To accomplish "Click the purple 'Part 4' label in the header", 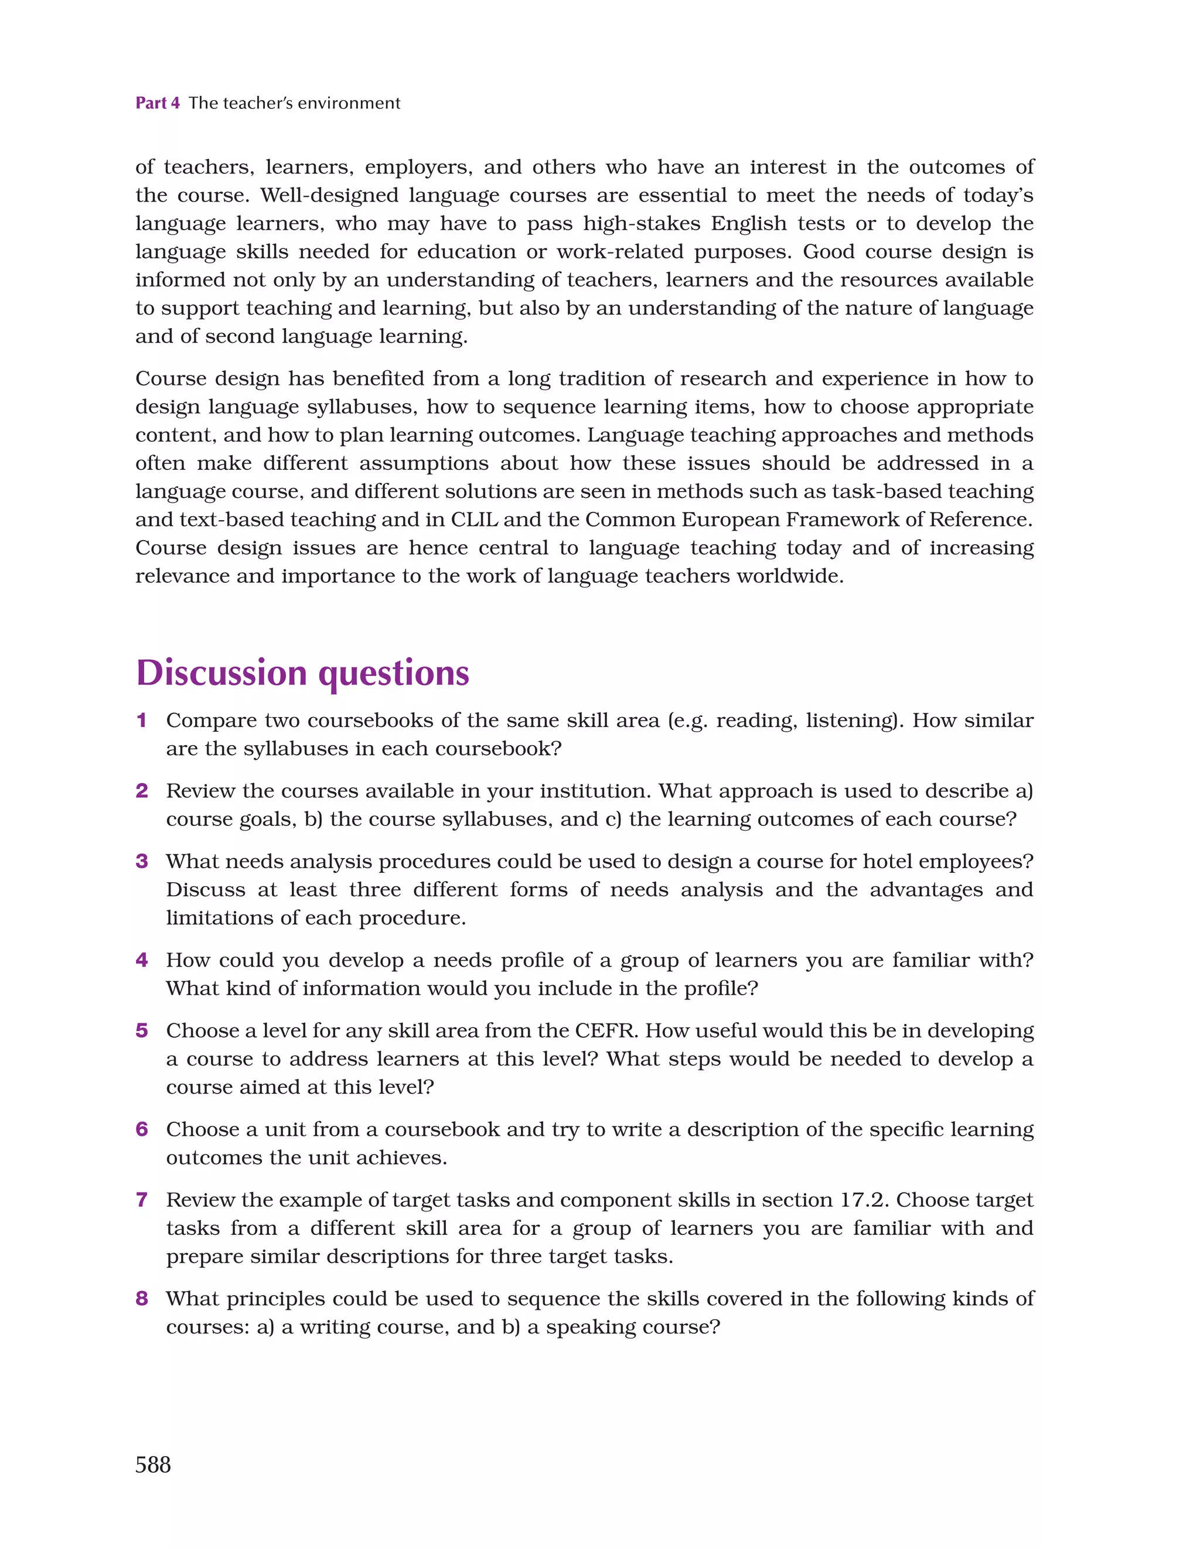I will pos(157,103).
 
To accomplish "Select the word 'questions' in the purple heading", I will pos(394,674).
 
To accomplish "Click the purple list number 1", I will pos(141,721).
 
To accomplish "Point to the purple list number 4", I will pos(141,960).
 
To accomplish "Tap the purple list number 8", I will pos(141,1299).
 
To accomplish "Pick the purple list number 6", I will pos(141,1129).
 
